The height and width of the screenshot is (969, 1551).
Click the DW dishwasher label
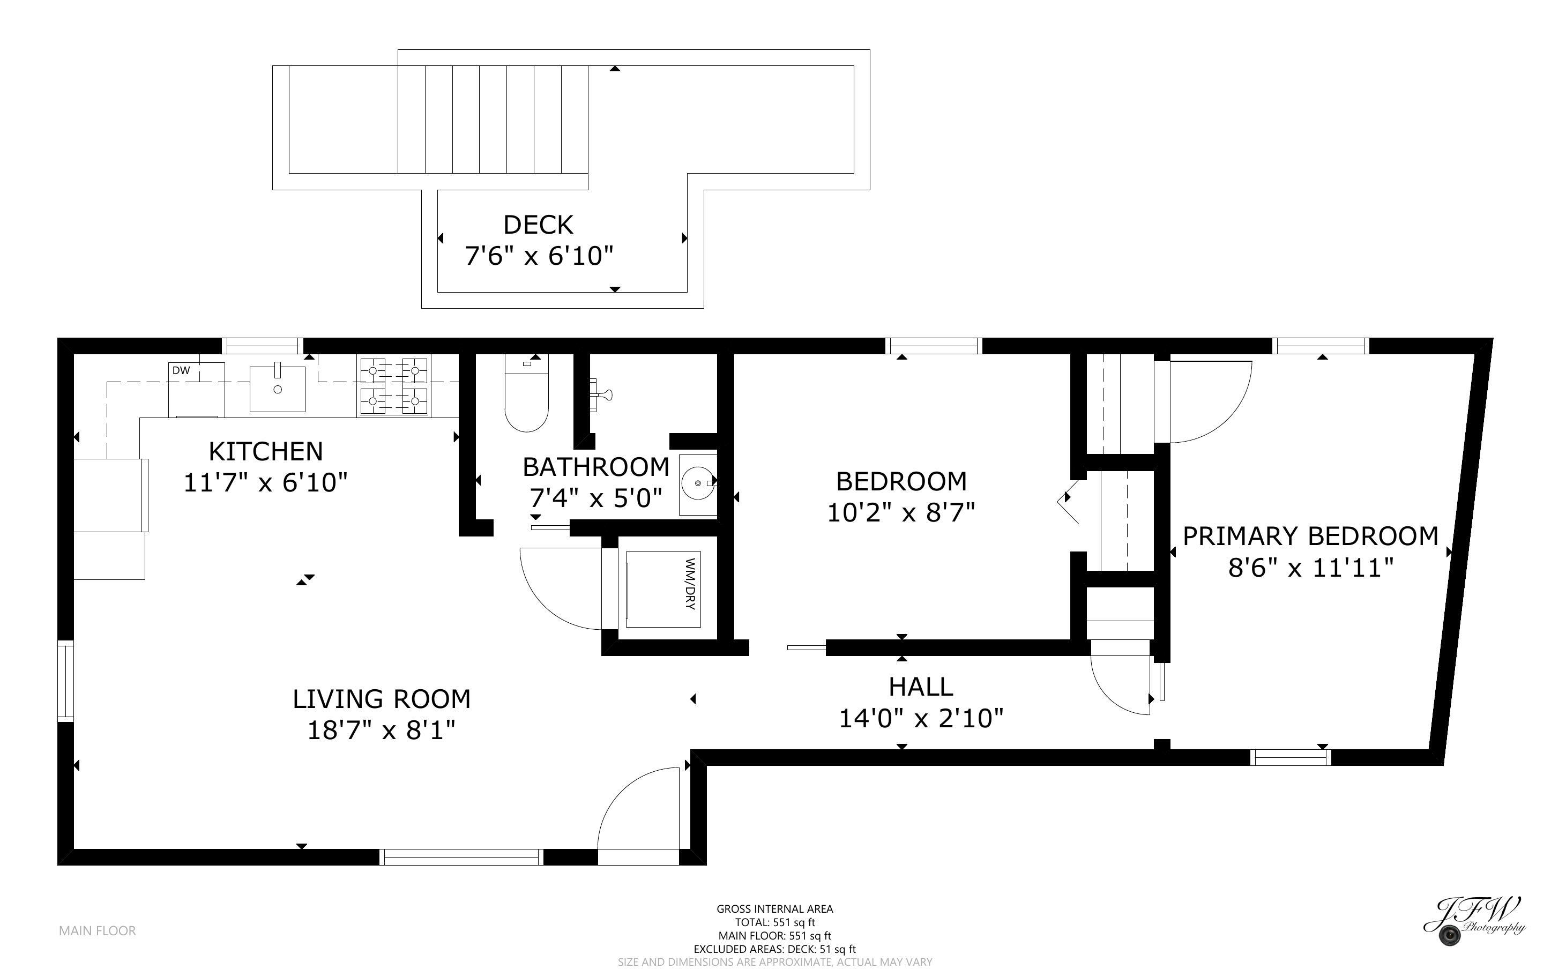pos(181,370)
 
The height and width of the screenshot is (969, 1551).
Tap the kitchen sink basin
pos(277,389)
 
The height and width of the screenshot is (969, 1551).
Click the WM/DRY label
pos(689,584)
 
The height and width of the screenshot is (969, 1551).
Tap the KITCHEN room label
pos(265,452)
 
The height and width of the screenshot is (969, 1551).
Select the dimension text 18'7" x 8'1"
pos(381,730)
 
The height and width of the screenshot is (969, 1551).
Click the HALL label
pos(921,687)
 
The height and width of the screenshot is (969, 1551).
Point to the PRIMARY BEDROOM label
pos(1310,536)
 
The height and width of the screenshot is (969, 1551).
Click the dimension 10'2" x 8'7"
pos(901,513)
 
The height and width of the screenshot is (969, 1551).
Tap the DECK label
pos(538,225)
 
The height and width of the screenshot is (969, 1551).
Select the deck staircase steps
pos(493,119)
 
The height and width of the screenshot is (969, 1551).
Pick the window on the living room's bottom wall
pos(461,857)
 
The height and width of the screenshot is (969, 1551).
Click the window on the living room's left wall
pos(65,681)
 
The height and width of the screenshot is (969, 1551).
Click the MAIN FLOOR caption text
pos(98,930)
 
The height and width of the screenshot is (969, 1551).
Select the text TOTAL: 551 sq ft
pos(774,922)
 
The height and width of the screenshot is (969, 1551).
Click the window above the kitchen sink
pos(263,346)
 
